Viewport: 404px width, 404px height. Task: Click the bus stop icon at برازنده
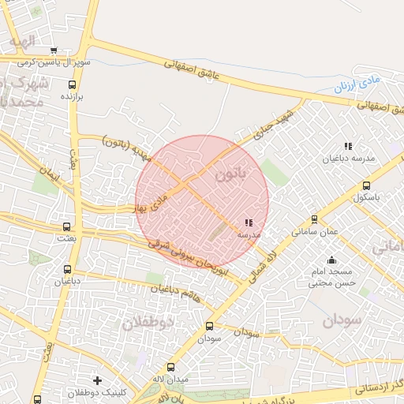[x=72, y=84]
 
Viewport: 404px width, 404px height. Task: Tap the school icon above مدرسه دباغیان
[x=348, y=146]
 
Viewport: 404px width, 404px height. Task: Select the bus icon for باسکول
[x=365, y=185]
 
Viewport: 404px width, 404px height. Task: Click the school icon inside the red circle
[x=249, y=223]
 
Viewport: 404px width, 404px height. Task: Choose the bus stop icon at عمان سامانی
[x=315, y=220]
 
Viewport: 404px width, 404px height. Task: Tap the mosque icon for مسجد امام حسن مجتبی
[x=331, y=260]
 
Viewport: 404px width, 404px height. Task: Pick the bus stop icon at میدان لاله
[x=171, y=367]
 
